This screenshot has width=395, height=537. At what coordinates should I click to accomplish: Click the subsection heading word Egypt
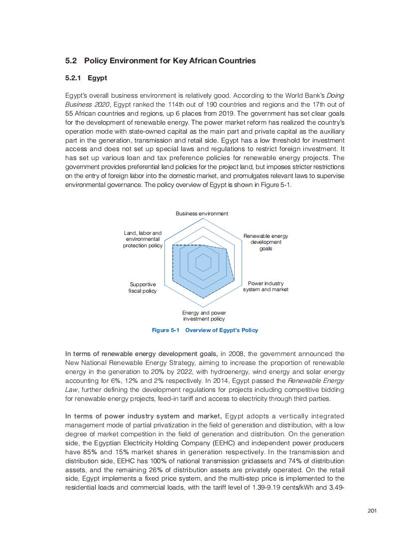pos(97,78)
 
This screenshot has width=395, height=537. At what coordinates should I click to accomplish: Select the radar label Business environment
pos(202,213)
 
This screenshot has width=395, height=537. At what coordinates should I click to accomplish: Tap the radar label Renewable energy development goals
pos(265,242)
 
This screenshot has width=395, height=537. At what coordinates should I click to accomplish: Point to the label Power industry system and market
pos(265,286)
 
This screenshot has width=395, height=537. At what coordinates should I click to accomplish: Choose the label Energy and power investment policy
pos(204,316)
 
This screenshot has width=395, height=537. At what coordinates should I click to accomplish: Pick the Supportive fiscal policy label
pos(142,288)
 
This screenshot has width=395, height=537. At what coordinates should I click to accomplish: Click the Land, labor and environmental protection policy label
pos(142,239)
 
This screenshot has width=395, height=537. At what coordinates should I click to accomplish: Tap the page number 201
pos(371,510)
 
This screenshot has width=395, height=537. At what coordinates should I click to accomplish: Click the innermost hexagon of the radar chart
pos(203,262)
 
